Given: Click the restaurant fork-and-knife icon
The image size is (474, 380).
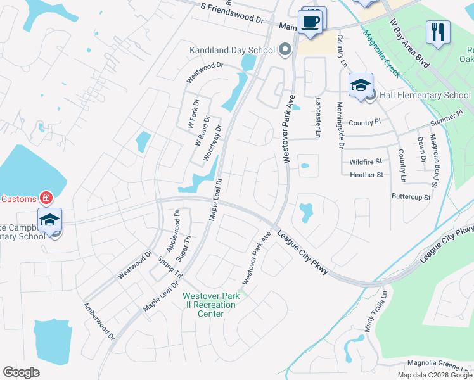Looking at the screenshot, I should pos(438,31).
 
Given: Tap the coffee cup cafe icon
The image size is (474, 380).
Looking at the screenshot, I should pos(310,21).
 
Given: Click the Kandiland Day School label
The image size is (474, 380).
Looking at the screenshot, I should pos(232,49).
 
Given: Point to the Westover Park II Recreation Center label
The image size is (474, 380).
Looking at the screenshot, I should pos(209,305).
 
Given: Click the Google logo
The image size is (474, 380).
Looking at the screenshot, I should pos(21,372).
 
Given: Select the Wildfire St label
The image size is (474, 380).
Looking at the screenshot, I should pos(366,162).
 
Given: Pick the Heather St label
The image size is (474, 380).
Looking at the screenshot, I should pos(366,175).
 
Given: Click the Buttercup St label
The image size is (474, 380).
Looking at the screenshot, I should pos(411,197).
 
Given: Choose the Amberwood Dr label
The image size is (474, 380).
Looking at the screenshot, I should pos(99,321).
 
